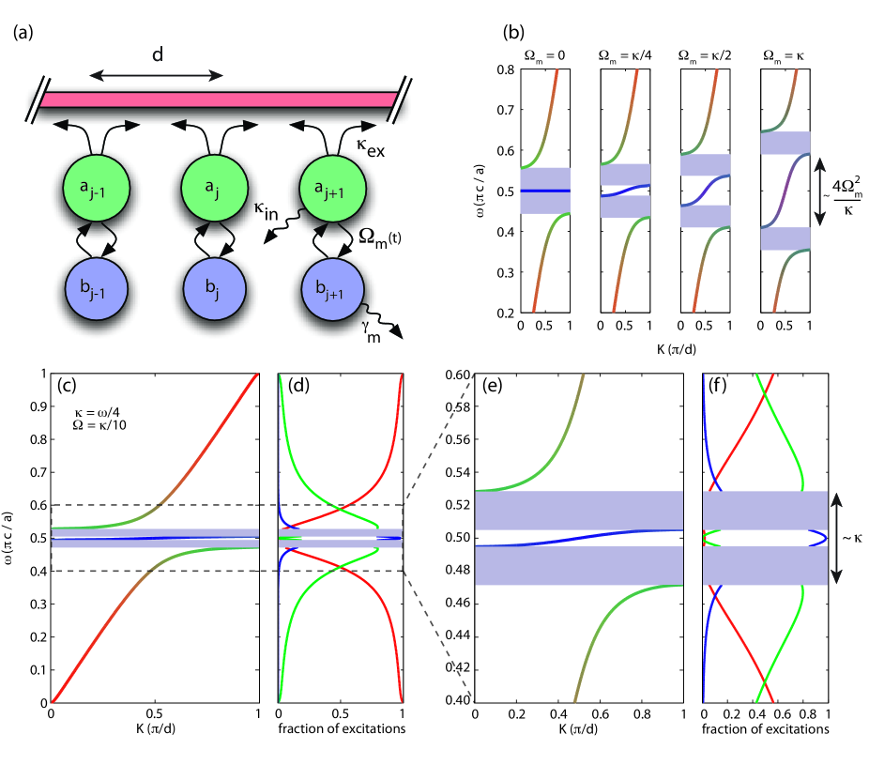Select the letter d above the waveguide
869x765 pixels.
pos(157,55)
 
